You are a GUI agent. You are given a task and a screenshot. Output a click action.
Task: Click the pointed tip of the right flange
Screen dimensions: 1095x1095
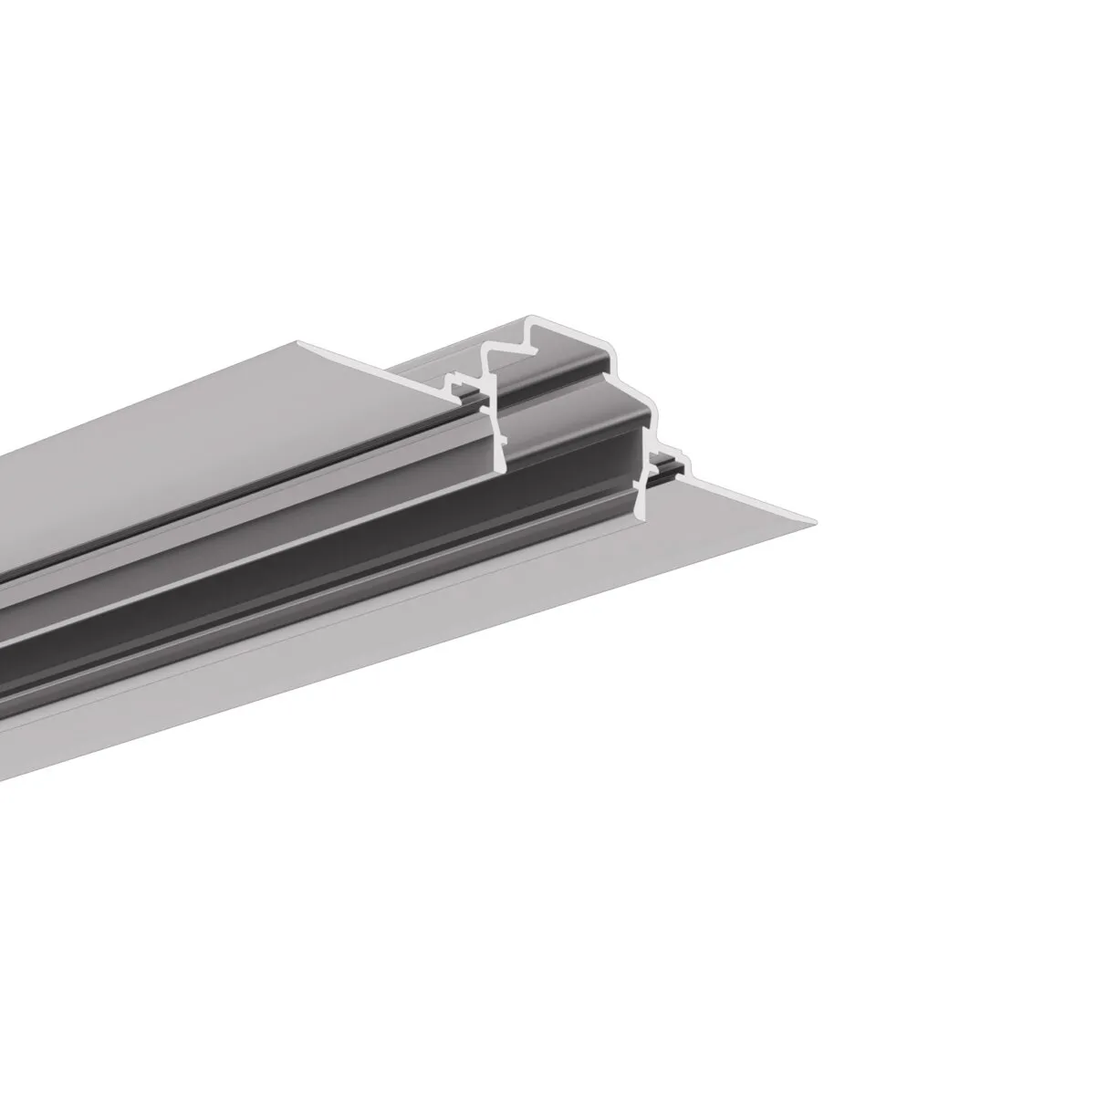(815, 520)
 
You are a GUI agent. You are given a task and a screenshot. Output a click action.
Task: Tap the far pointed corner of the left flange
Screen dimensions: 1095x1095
(297, 343)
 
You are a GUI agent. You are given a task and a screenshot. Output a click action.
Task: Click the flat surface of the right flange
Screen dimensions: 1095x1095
(456, 639)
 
